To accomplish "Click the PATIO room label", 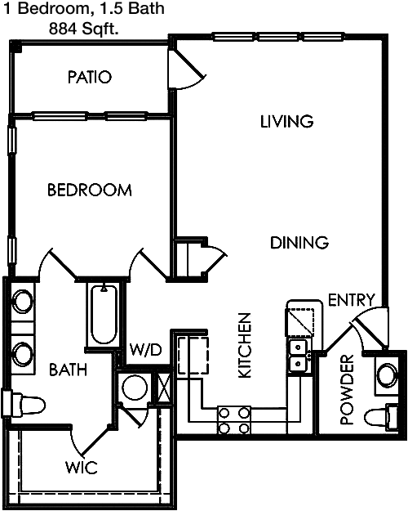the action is pyautogui.click(x=90, y=77).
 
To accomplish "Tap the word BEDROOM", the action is pyautogui.click(x=90, y=190).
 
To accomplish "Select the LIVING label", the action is pyautogui.click(x=287, y=121).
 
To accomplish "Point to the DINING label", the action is pyautogui.click(x=299, y=243).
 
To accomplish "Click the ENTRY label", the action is pyautogui.click(x=352, y=300).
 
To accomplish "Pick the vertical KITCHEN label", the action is pyautogui.click(x=245, y=346).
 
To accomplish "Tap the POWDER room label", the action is pyautogui.click(x=347, y=390).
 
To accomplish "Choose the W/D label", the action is pyautogui.click(x=146, y=350).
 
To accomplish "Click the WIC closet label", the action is pyautogui.click(x=82, y=468).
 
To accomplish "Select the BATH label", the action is pyautogui.click(x=69, y=370).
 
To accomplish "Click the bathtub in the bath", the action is pyautogui.click(x=104, y=314).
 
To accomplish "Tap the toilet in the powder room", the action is pyautogui.click(x=381, y=417).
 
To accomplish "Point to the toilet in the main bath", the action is pyautogui.click(x=24, y=403).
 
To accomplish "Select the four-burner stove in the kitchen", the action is pyautogui.click(x=233, y=420).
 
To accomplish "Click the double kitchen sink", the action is pyautogui.click(x=298, y=355).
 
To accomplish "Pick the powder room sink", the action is pyautogui.click(x=387, y=374).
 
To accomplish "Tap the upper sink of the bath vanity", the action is pyautogui.click(x=23, y=302).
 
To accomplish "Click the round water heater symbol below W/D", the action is pyautogui.click(x=135, y=388).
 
